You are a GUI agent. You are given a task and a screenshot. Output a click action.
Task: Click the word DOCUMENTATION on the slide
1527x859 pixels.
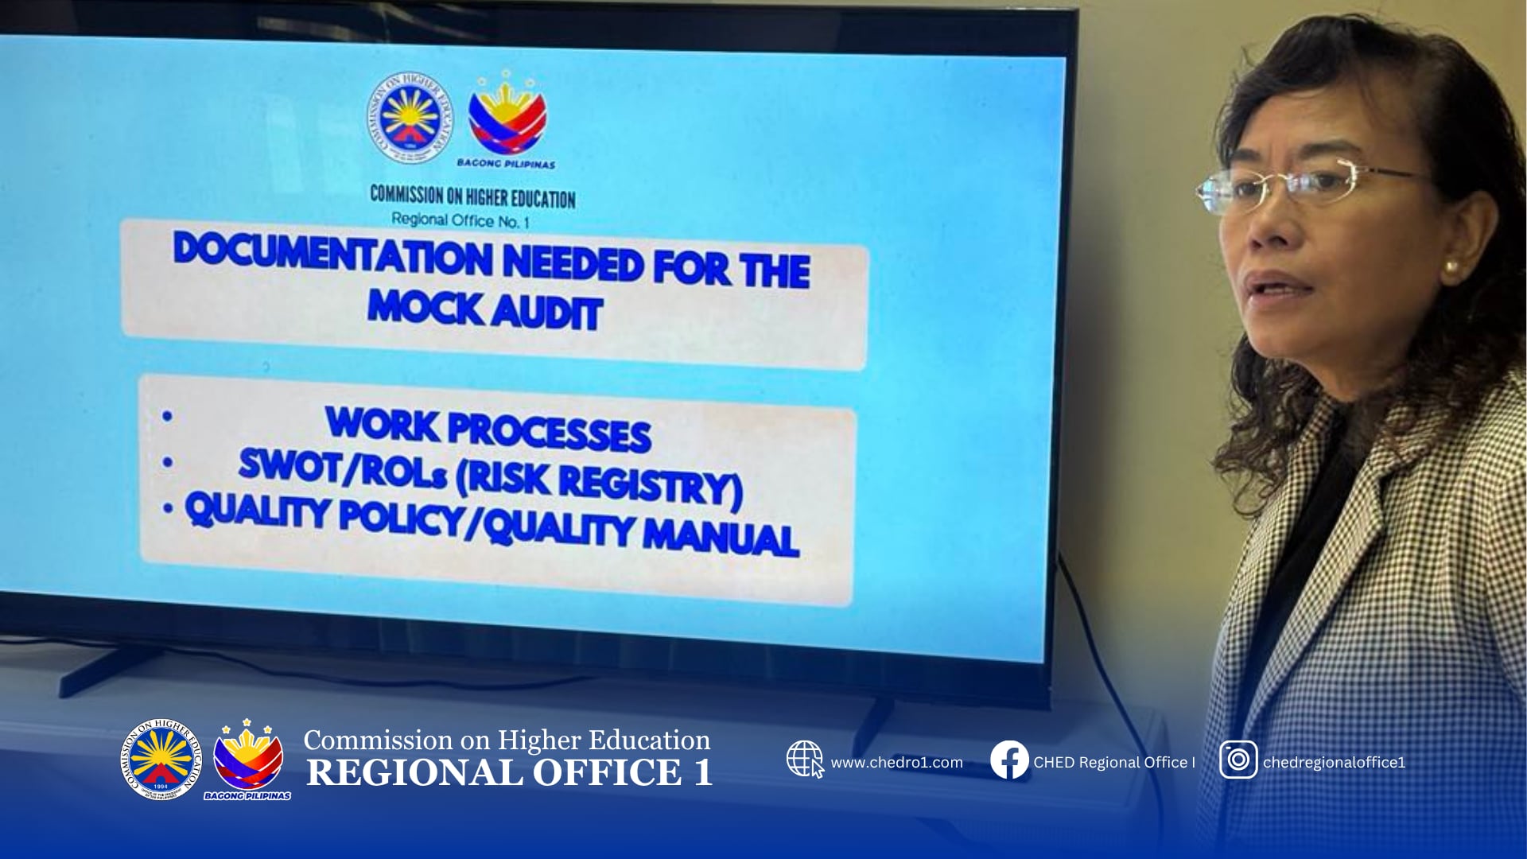[x=333, y=254]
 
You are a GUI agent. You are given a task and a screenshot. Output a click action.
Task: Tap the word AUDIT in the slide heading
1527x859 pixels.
[x=546, y=310]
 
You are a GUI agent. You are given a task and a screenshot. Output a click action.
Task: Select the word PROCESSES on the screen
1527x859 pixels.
[x=550, y=432]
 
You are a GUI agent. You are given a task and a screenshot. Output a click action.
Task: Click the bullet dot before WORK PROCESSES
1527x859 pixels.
[x=167, y=415]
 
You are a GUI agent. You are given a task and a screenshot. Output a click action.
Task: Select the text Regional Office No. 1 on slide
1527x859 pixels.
[x=460, y=220]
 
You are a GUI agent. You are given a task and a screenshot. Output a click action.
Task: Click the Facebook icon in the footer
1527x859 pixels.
[x=1009, y=760]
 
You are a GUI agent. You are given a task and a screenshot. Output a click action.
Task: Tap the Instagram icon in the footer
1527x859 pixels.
[x=1238, y=760]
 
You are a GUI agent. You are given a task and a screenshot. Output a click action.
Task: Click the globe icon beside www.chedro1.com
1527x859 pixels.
[x=805, y=760]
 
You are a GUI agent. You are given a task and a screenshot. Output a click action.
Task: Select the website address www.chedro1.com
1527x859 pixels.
[x=896, y=763]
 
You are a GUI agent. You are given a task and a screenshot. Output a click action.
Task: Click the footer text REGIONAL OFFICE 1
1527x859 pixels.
[x=509, y=773]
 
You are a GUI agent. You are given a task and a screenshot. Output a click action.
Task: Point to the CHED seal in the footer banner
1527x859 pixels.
[x=161, y=759]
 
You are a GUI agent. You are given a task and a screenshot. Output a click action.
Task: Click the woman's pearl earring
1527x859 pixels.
[x=1451, y=267]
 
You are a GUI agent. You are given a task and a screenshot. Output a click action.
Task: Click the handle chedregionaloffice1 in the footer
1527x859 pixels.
[x=1334, y=763]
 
